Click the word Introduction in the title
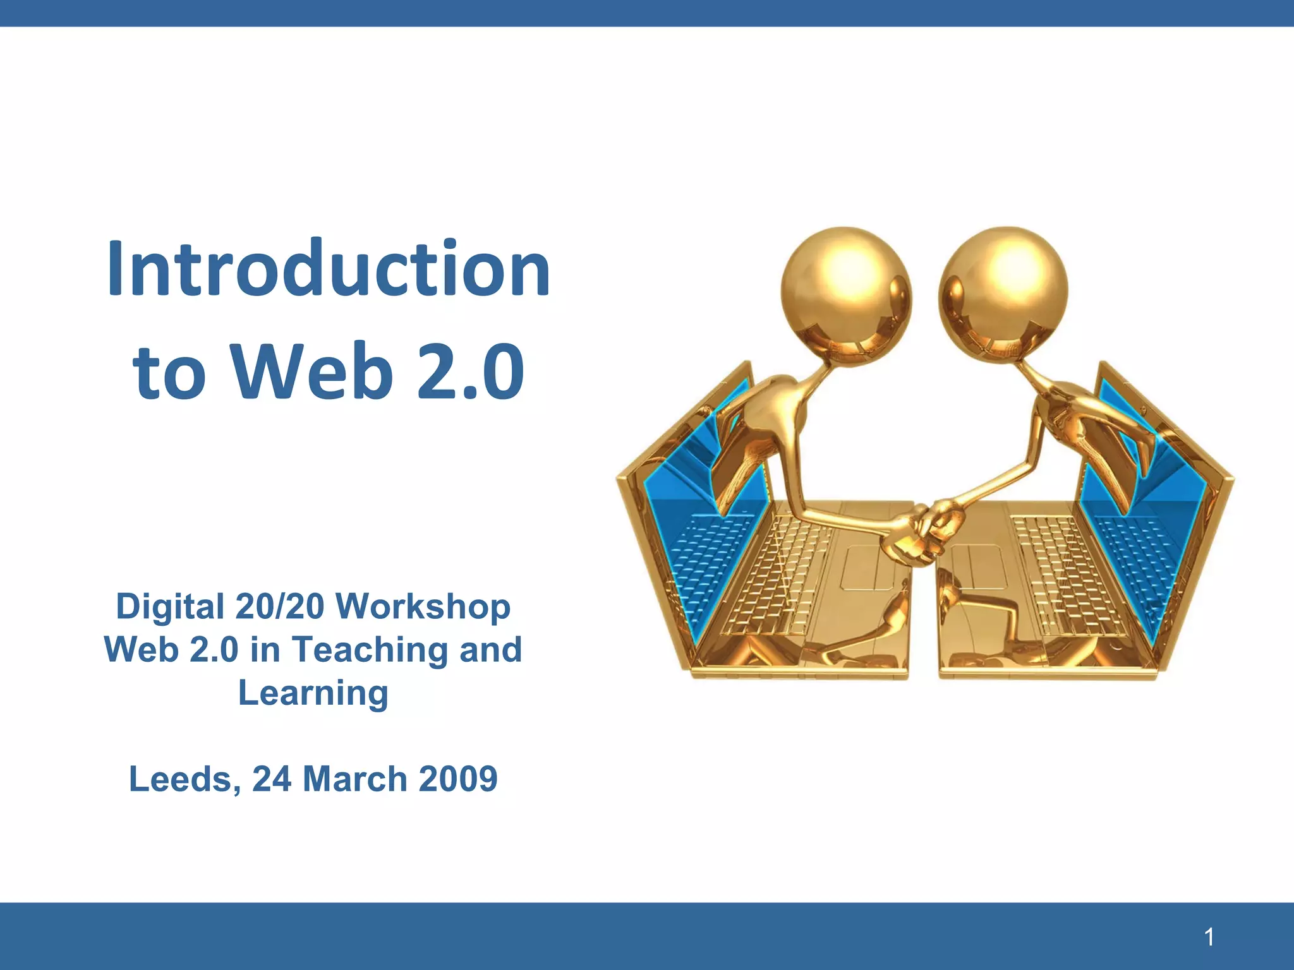[329, 268]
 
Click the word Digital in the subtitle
[170, 607]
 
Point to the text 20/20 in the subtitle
[279, 607]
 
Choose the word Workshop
[423, 607]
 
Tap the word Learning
[313, 693]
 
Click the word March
[354, 779]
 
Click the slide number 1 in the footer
[1209, 937]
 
